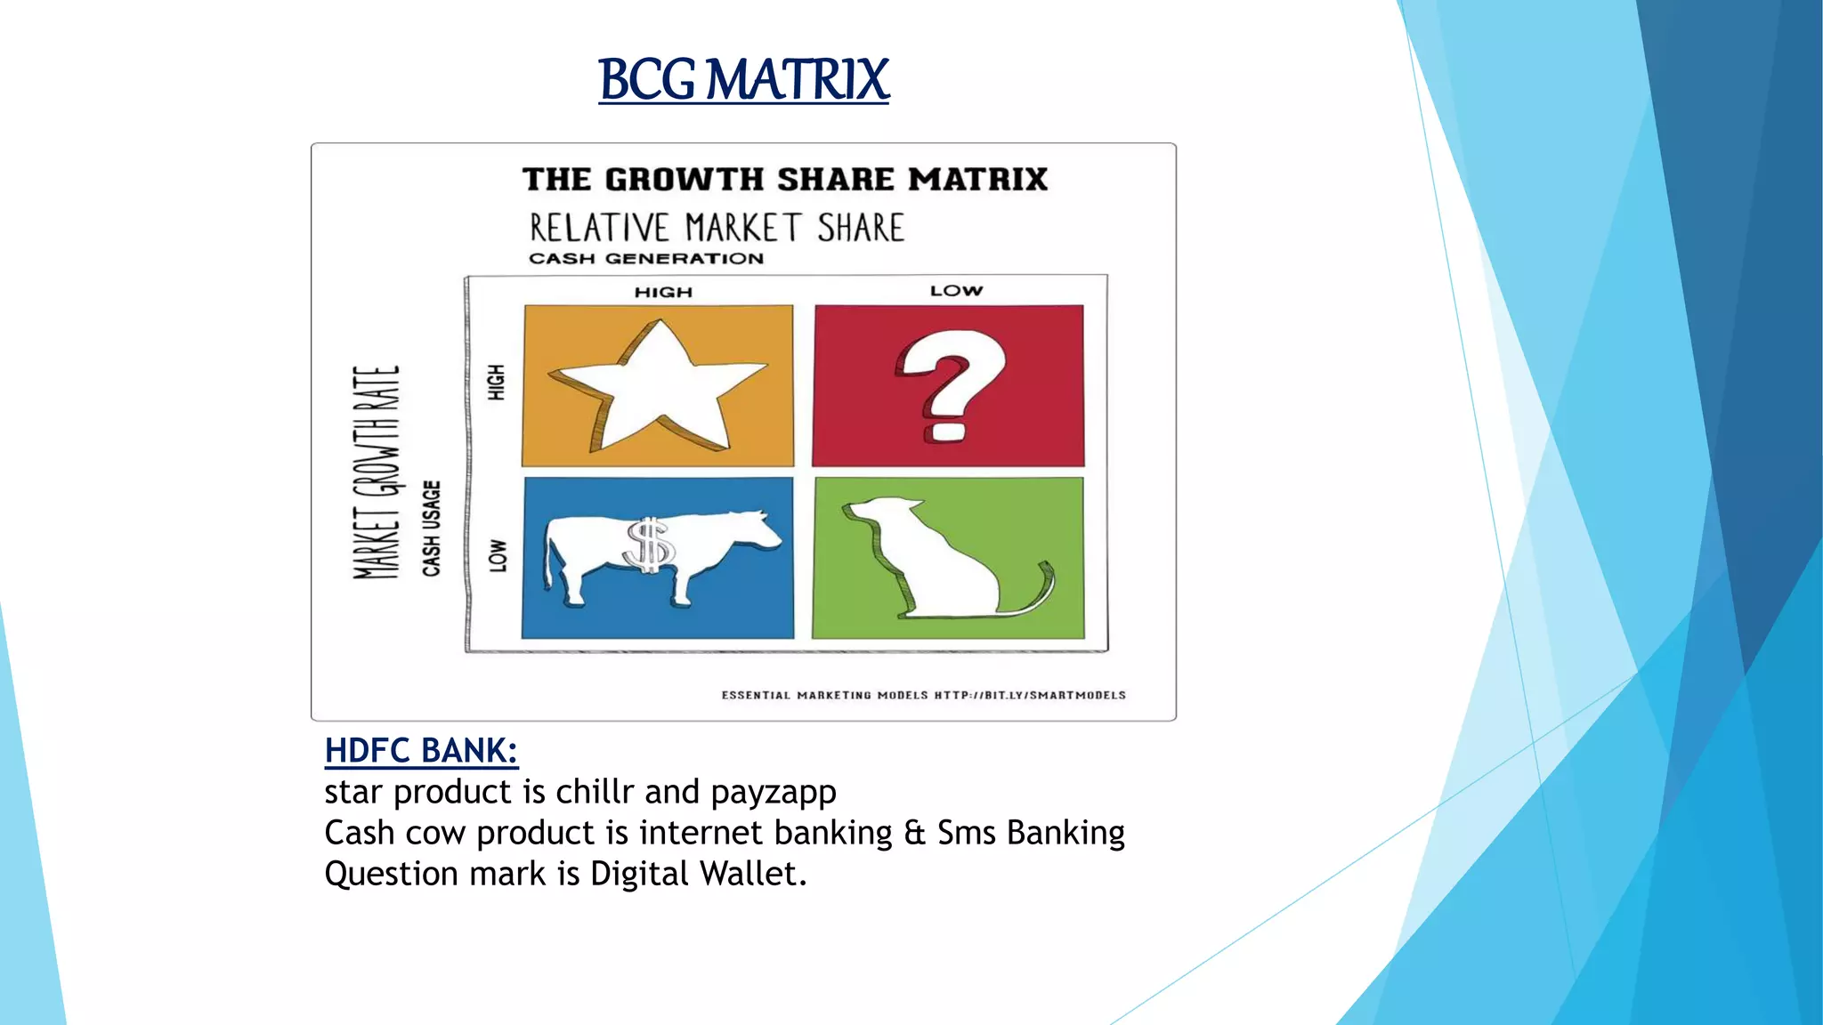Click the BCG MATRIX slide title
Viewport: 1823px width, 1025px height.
[x=743, y=80]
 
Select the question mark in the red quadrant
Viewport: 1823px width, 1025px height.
[x=950, y=385]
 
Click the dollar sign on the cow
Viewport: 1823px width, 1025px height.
[x=650, y=545]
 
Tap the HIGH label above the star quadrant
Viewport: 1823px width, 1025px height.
[x=663, y=292]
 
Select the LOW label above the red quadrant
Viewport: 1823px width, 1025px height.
[x=956, y=291]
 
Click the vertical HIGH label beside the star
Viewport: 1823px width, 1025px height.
[x=496, y=382]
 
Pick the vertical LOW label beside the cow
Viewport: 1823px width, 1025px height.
[x=498, y=555]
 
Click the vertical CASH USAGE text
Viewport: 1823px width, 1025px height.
[x=432, y=529]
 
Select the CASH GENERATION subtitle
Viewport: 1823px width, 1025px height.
[x=646, y=259]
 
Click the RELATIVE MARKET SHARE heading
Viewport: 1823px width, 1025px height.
[x=717, y=228]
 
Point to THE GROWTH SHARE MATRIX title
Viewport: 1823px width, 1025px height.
[x=784, y=180]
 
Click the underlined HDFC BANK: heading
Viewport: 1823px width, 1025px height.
[x=421, y=751]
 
